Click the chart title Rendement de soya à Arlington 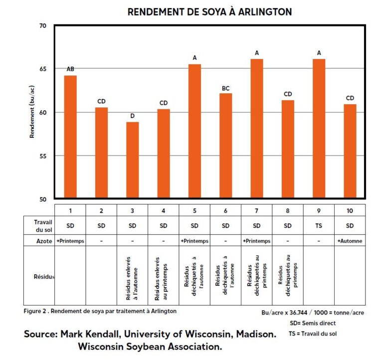[x=209, y=11]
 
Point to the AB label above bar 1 [x=70, y=69]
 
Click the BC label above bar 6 [x=225, y=88]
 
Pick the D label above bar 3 [x=132, y=116]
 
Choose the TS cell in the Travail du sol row [x=319, y=225]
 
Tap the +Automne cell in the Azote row [x=350, y=241]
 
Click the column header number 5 [x=194, y=210]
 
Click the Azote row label [x=44, y=241]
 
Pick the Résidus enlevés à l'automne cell [x=132, y=276]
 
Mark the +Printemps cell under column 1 [x=70, y=241]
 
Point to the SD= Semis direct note [x=313, y=323]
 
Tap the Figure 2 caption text [x=100, y=311]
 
